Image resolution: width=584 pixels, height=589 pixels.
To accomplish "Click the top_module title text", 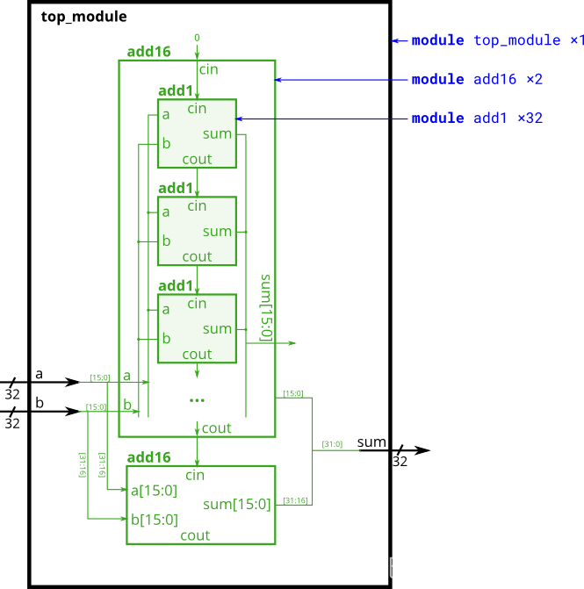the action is click(x=83, y=17).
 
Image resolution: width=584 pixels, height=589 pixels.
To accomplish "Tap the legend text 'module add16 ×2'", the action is click(x=477, y=79).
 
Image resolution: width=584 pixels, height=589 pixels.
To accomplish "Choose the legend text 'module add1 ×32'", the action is click(x=477, y=118).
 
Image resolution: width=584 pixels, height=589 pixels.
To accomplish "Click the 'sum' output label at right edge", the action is click(x=371, y=442).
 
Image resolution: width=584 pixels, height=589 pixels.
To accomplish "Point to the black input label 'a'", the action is click(x=38, y=374).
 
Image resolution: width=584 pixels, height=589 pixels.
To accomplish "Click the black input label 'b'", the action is click(x=38, y=402).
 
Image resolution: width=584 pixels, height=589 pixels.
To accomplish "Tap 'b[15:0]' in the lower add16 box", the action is click(x=154, y=519).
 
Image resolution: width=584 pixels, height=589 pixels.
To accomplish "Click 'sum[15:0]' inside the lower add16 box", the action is click(x=236, y=504).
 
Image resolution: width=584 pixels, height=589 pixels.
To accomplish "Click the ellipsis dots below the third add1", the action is click(x=197, y=399).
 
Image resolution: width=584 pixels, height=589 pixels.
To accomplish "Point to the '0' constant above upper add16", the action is click(x=197, y=38).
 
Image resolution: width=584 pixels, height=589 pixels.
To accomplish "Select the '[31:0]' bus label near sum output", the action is click(x=333, y=443).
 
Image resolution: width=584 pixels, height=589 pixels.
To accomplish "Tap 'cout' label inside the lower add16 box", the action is click(x=195, y=535).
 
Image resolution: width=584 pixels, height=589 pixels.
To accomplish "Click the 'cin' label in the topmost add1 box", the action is click(x=197, y=109).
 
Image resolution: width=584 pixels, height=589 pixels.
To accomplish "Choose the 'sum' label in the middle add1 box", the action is click(x=217, y=232).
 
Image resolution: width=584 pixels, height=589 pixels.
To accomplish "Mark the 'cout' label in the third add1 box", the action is click(x=197, y=355).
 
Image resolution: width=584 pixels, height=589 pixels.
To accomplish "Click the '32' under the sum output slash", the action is click(x=400, y=462).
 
